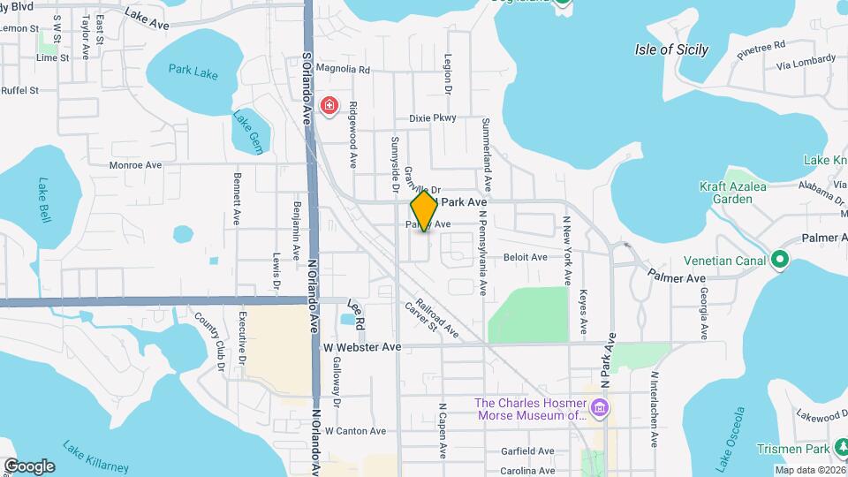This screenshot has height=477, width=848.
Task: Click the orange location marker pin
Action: click(x=424, y=211)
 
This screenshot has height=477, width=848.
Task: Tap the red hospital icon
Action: click(x=329, y=106)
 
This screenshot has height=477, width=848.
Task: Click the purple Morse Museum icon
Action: click(x=600, y=408)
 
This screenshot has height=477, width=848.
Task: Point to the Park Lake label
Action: click(x=193, y=72)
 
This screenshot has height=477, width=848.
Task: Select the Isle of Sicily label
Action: click(x=671, y=49)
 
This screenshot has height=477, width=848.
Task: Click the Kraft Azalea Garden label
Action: click(x=738, y=193)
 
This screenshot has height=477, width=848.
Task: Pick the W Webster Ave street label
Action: click(x=362, y=347)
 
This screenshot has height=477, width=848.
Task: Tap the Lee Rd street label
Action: click(x=357, y=311)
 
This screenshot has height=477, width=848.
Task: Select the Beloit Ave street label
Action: click(x=526, y=257)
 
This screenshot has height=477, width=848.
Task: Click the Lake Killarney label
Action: click(x=95, y=456)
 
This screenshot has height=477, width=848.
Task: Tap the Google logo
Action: click(x=29, y=466)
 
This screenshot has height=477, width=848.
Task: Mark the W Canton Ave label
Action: click(x=355, y=431)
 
